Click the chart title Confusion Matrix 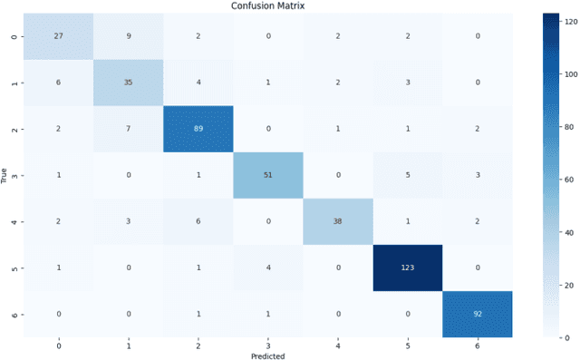(x=268, y=6)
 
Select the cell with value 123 (x=408, y=267)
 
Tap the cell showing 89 (x=198, y=128)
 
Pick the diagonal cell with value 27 (x=59, y=35)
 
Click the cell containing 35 (x=129, y=82)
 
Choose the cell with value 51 (x=268, y=174)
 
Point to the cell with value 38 (x=338, y=220)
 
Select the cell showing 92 (x=478, y=313)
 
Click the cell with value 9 (x=129, y=35)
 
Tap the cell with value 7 (x=129, y=128)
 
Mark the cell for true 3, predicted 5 (x=408, y=174)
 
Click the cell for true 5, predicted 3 (x=268, y=267)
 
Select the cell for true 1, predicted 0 (x=59, y=82)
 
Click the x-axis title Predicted (x=268, y=355)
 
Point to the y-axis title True (x=6, y=174)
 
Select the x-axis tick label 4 (x=338, y=345)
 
